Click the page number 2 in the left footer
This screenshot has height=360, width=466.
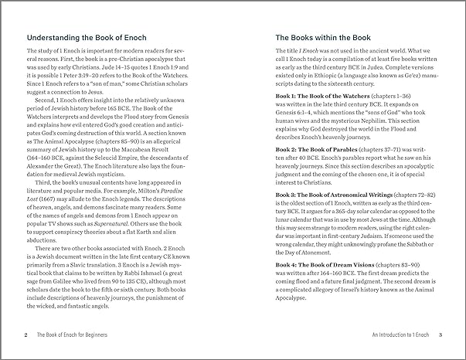click(26, 336)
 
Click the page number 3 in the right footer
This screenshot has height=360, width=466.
click(440, 336)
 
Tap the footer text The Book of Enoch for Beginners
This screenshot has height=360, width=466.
click(75, 336)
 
